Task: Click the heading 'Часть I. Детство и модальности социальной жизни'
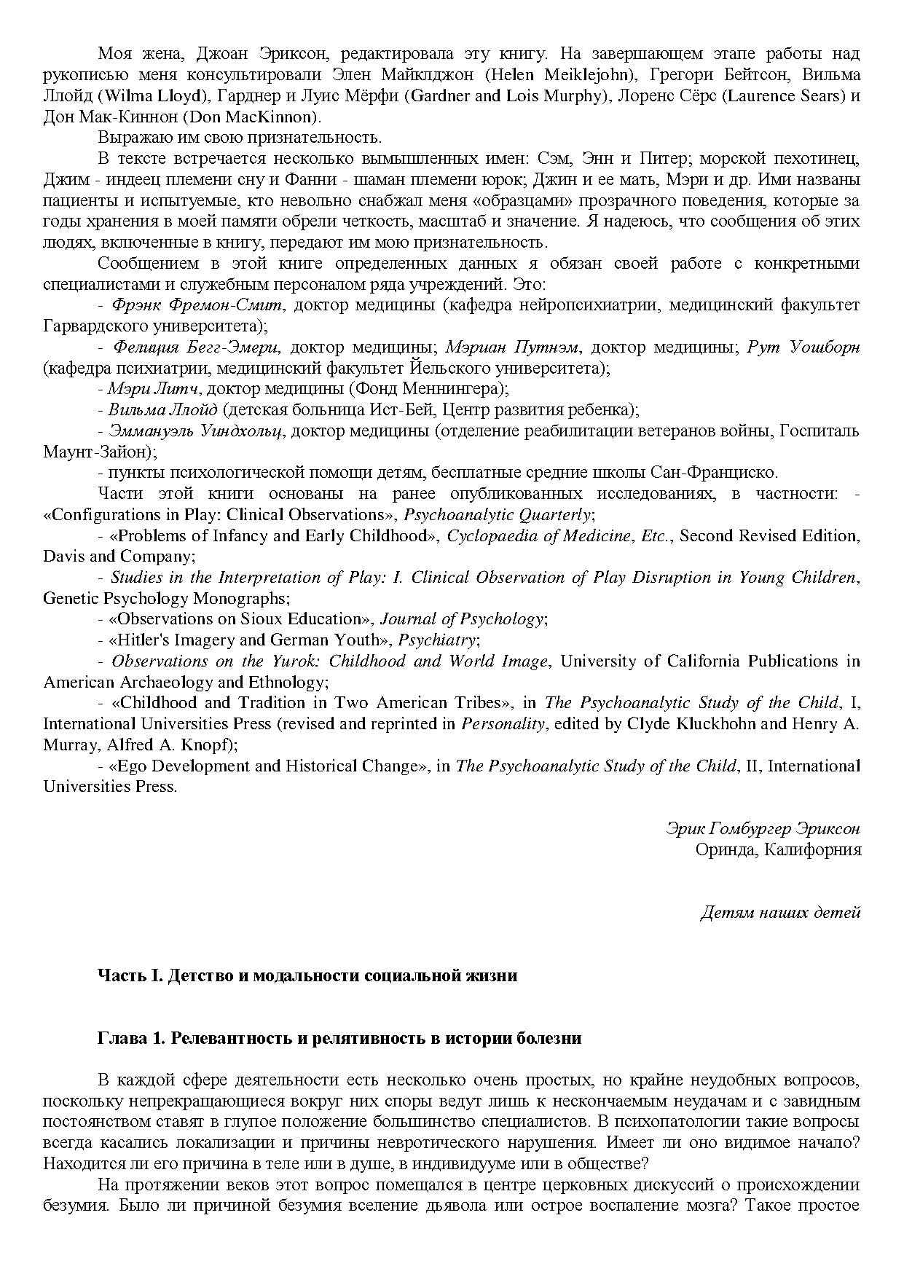(307, 975)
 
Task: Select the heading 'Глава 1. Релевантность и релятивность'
(339, 1039)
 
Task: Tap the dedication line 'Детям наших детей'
(780, 912)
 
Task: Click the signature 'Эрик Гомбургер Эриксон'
(763, 828)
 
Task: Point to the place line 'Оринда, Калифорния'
(777, 849)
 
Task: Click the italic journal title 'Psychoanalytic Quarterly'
(498, 514)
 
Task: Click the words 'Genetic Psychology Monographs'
(165, 599)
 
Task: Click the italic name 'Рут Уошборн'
(803, 347)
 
